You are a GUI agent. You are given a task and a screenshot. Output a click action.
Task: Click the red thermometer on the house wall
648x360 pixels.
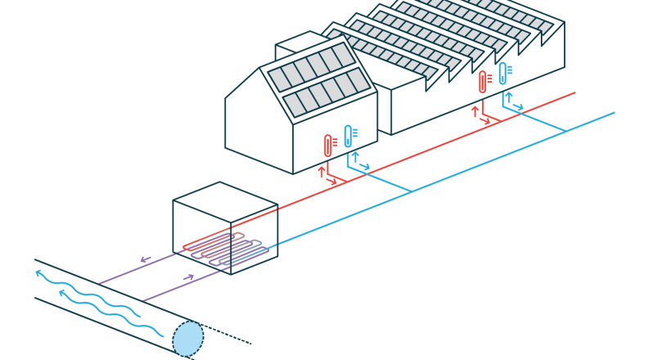point(328,146)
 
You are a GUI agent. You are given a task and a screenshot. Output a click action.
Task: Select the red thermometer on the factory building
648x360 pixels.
point(483,82)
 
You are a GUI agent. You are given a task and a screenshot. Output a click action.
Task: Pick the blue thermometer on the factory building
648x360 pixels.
point(503,74)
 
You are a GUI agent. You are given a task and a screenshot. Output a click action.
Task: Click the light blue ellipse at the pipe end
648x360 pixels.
point(188,338)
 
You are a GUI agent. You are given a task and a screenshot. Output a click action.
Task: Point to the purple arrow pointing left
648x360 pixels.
point(146,259)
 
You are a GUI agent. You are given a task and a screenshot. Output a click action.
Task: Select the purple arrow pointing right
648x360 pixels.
point(188,277)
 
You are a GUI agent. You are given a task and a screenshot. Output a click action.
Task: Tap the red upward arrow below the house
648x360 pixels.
point(321,171)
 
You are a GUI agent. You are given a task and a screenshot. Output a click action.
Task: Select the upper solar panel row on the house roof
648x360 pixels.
point(312,65)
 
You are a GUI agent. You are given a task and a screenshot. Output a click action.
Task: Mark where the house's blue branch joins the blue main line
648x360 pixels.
point(411,191)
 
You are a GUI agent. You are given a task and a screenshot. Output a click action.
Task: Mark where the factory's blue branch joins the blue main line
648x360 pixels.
point(565,131)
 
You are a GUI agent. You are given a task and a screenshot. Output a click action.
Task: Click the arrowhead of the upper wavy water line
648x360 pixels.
point(38,274)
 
